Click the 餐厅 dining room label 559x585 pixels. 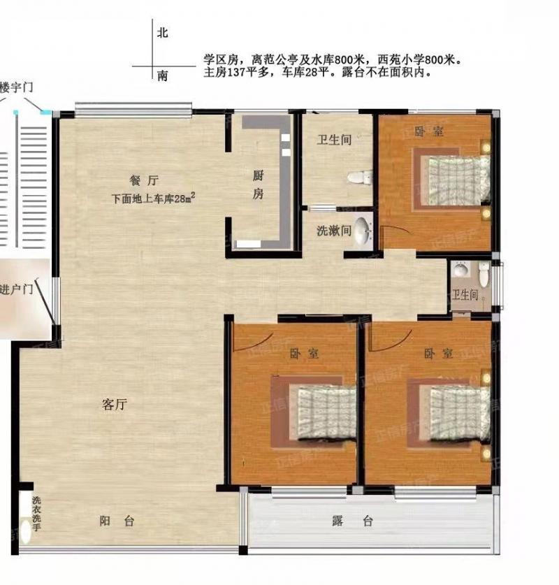[144, 180]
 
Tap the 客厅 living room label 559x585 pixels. [115, 405]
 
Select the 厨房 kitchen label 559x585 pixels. [258, 185]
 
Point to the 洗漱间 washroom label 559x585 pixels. [334, 231]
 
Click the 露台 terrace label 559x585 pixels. [352, 521]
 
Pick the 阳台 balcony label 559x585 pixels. [117, 521]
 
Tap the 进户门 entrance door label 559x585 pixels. [16, 289]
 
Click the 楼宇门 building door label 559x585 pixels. [16, 87]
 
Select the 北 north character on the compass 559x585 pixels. [163, 33]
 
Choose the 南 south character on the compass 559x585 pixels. [163, 76]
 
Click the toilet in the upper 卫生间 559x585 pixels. [360, 178]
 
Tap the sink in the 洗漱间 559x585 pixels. [363, 231]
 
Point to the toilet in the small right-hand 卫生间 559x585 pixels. [484, 274]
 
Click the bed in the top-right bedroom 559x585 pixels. [459, 180]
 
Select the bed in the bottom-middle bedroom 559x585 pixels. [327, 412]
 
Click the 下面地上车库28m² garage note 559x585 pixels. [153, 198]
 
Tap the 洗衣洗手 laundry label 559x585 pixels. [36, 514]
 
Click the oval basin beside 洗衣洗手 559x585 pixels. [25, 532]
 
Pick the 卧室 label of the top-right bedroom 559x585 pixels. [429, 131]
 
